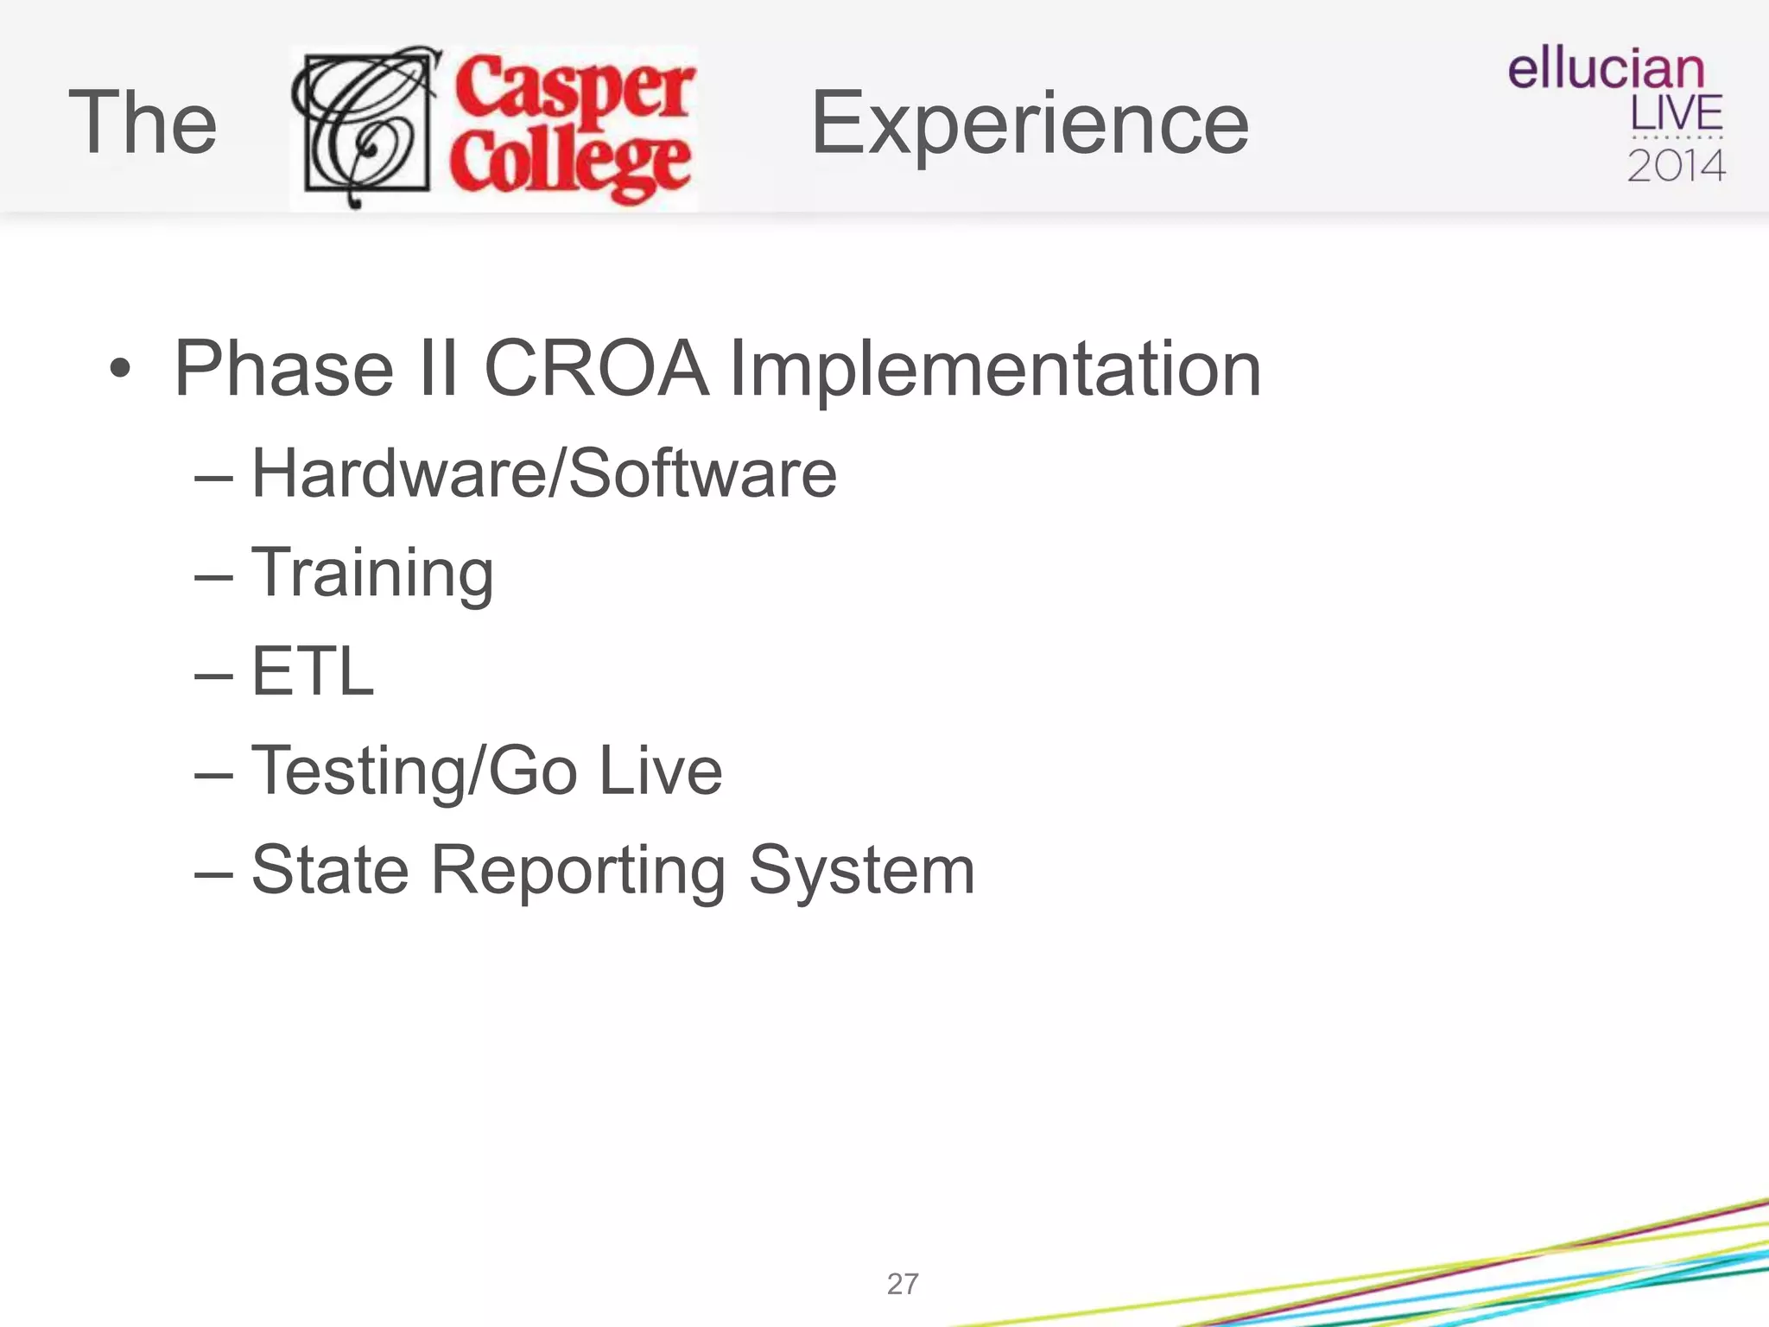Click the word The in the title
[x=143, y=123]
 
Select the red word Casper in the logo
[x=574, y=86]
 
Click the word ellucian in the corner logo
[x=1606, y=69]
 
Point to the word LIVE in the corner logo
[x=1676, y=113]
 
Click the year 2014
[x=1676, y=166]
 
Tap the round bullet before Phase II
[x=121, y=370]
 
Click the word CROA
[x=596, y=369]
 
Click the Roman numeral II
[x=437, y=369]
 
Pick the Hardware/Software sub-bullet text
[x=543, y=473]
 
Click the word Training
[x=372, y=574]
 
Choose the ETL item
[x=313, y=671]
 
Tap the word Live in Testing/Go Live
[x=661, y=771]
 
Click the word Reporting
[x=578, y=871]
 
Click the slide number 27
[x=903, y=1284]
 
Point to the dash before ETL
[x=213, y=674]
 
